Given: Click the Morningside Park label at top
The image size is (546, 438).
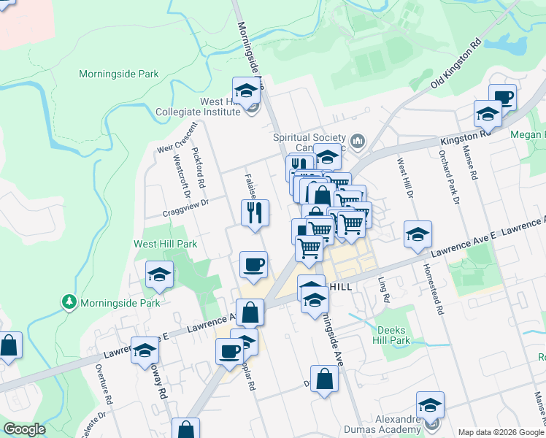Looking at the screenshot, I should coord(118,74).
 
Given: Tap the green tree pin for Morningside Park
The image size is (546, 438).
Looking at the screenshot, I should coord(69,301).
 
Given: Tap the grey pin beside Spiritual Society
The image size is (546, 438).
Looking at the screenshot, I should coord(358,141).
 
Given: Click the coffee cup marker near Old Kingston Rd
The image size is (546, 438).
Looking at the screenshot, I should coord(502,98).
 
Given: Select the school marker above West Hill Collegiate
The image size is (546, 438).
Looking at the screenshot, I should coord(247,91).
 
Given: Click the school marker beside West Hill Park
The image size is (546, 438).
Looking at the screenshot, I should coord(159,275).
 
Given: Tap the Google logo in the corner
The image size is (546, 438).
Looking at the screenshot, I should coord(24,429).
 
